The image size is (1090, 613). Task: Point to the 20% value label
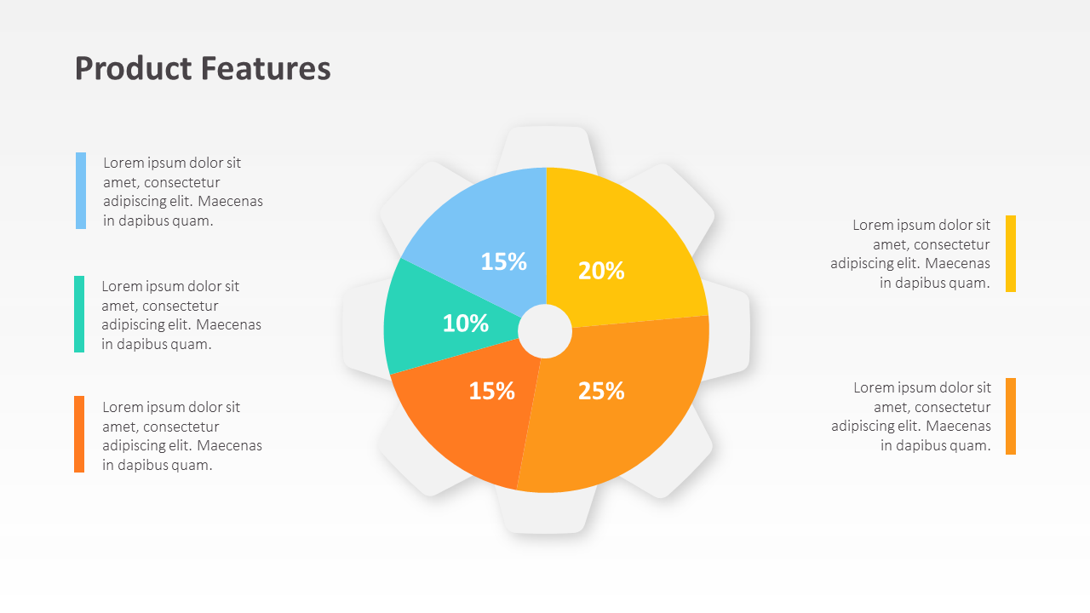pos(601,271)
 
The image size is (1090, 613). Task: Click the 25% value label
pos(601,391)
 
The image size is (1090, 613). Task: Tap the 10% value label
pos(466,324)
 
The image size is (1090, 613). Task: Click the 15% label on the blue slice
pos(503,262)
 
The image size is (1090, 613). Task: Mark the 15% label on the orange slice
pos(491,391)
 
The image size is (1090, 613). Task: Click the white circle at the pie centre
pos(545,332)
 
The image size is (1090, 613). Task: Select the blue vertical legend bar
pos(81,191)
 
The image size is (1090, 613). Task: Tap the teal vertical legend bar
pos(79,314)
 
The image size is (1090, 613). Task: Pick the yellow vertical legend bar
pos(1011,254)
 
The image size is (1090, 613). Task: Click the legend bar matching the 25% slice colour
pos(1011,416)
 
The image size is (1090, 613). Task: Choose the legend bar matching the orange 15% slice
pos(79,434)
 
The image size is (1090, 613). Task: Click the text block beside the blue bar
pos(183,192)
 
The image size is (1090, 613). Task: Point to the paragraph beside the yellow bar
pos(911,254)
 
